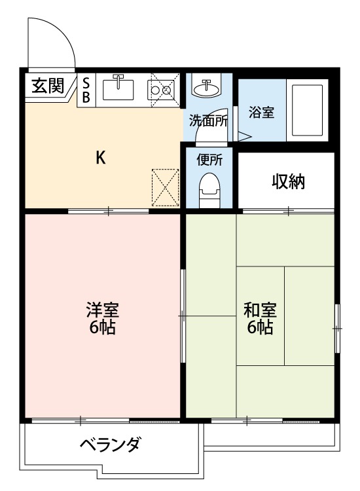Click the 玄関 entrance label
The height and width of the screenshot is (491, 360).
(47, 86)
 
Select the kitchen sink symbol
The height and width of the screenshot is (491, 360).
(118, 87)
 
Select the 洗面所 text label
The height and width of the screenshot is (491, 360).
(208, 120)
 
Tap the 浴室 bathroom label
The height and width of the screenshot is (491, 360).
(261, 112)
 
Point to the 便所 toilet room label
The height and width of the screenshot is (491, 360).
(209, 160)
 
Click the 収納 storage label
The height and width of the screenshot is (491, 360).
(289, 181)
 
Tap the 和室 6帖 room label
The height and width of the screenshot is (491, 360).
(260, 318)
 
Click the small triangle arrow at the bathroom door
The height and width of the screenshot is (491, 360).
(243, 137)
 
